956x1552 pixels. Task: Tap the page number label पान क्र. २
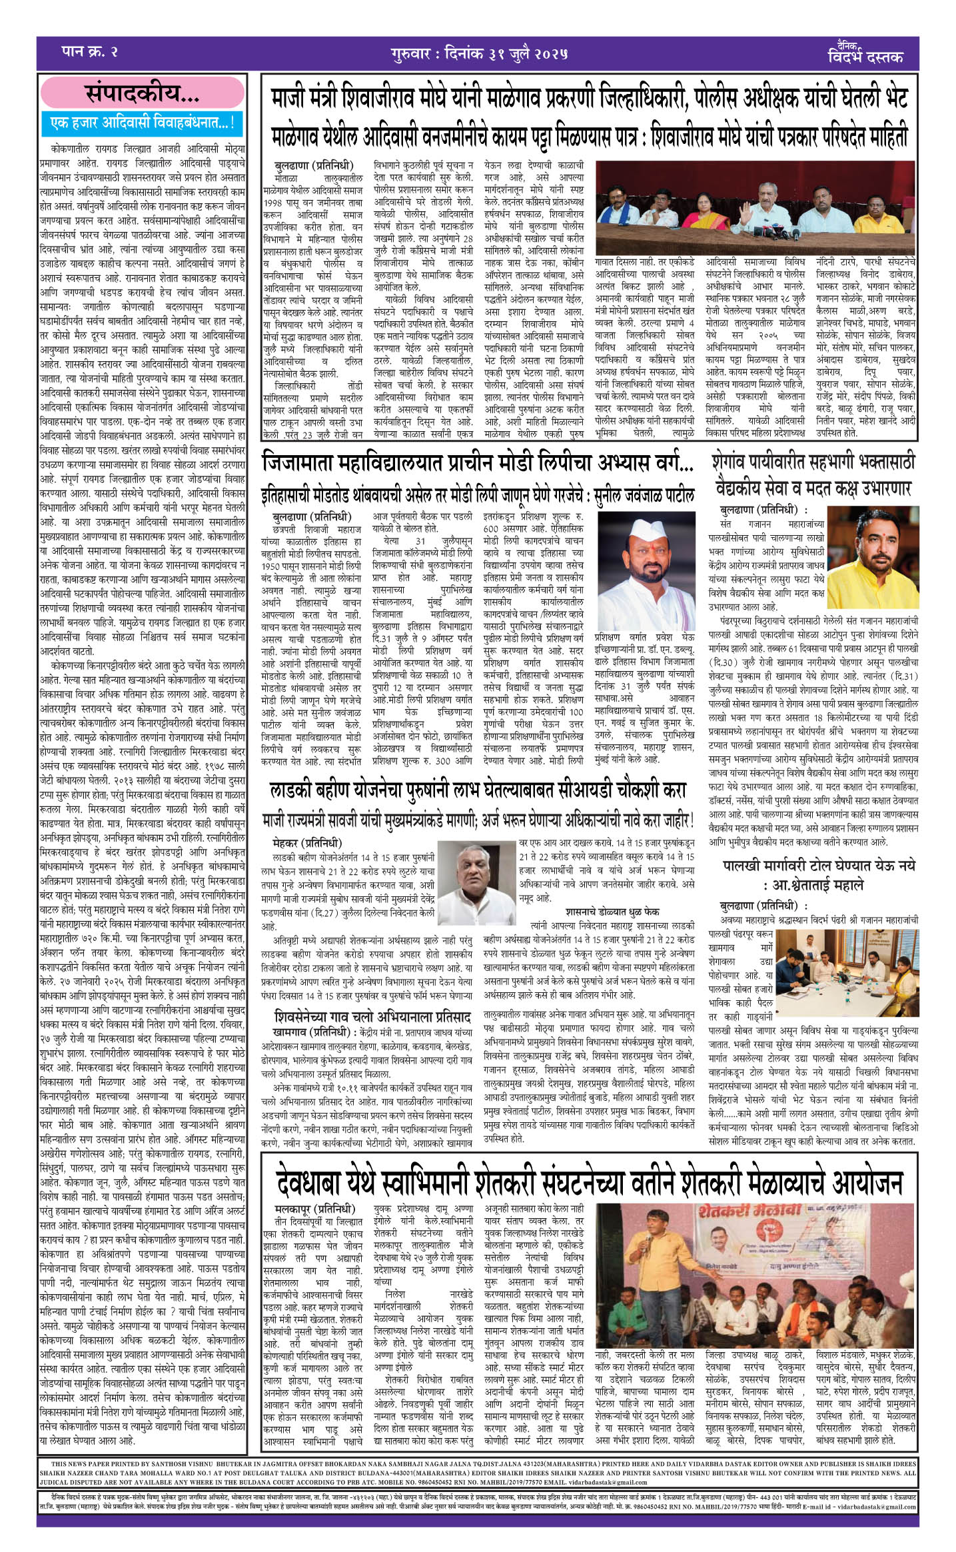pos(89,53)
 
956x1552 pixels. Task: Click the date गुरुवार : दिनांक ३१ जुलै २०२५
pos(480,54)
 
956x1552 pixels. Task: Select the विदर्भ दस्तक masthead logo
pos(865,53)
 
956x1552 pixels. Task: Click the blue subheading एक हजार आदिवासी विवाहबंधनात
pos(143,123)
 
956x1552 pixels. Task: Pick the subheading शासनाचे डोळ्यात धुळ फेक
pos(612,910)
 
